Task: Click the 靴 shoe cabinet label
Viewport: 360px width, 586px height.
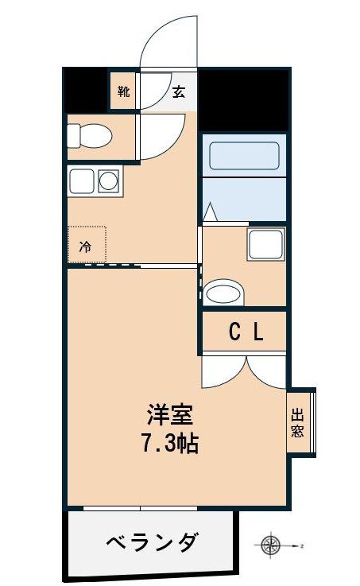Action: tap(123, 91)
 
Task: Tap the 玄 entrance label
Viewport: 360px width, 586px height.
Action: tap(179, 91)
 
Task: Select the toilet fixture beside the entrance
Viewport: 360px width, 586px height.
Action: tap(89, 136)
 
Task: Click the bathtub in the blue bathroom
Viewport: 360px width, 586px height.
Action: tap(242, 157)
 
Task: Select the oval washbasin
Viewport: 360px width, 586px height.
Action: tap(224, 293)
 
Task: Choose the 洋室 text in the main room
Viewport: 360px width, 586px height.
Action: tap(169, 417)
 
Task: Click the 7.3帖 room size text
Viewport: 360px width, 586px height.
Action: tap(169, 443)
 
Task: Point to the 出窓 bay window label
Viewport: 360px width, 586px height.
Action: tap(298, 423)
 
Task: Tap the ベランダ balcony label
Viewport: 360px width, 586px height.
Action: tap(153, 542)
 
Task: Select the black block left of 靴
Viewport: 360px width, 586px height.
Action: tap(86, 89)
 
